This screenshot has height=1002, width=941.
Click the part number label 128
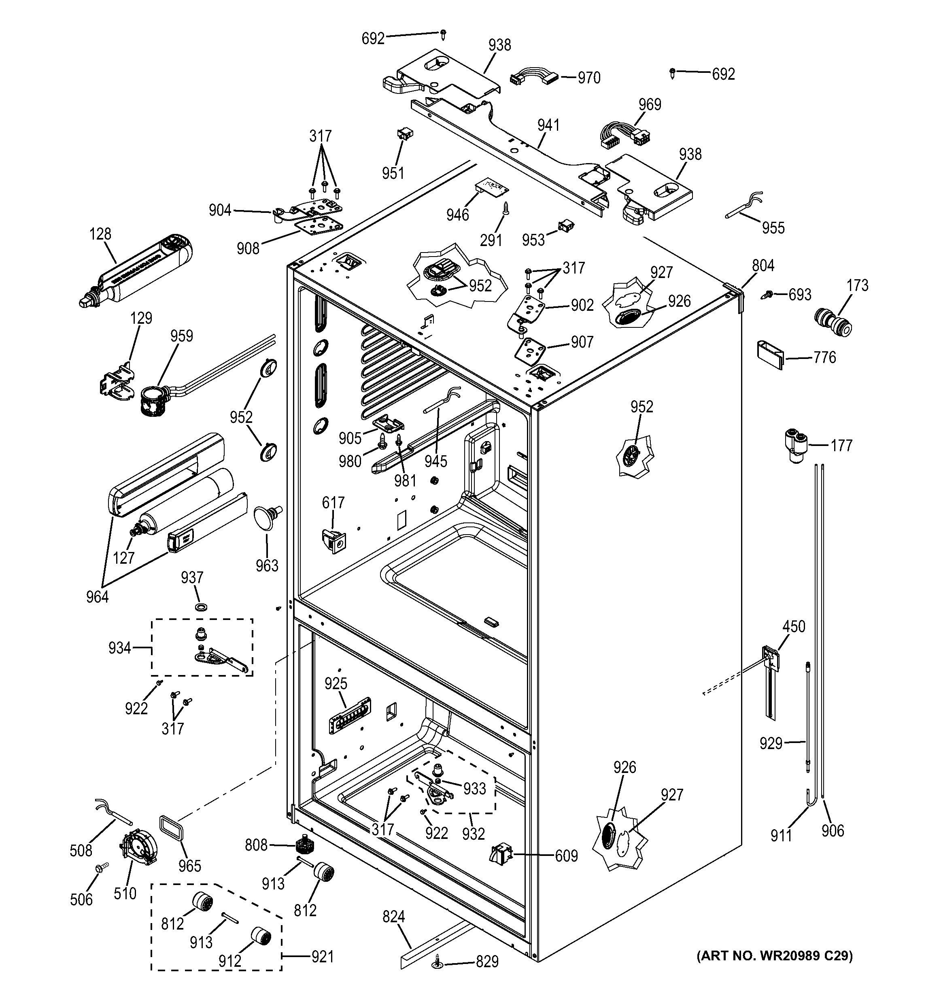pyautogui.click(x=100, y=234)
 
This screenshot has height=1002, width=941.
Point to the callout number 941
pyautogui.click(x=548, y=125)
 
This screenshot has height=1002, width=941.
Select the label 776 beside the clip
pyautogui.click(x=824, y=358)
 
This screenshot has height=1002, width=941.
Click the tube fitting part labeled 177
pyautogui.click(x=795, y=444)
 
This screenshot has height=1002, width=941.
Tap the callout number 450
pyautogui.click(x=794, y=626)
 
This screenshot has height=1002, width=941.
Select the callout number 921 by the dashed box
pyautogui.click(x=323, y=956)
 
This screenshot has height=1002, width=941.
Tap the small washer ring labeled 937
pyautogui.click(x=203, y=605)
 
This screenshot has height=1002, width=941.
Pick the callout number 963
pyautogui.click(x=267, y=565)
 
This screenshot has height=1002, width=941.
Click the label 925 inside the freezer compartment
pyautogui.click(x=336, y=684)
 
